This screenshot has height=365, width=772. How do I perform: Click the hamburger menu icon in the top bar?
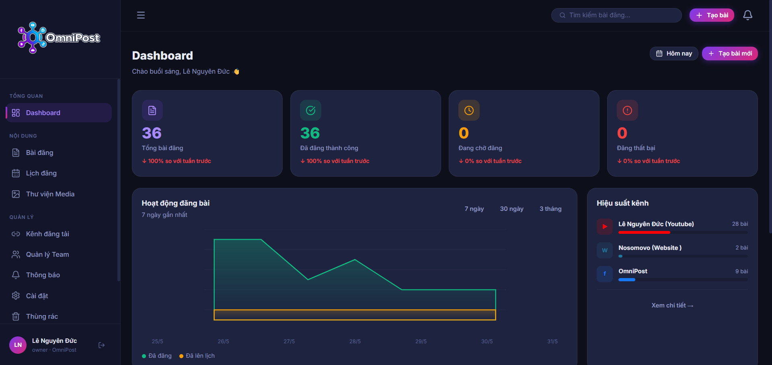pos(141,15)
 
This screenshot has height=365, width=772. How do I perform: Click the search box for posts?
pos(616,15)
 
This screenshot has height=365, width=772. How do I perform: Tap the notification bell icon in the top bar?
pos(747,15)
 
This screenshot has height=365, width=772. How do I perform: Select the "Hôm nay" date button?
pos(674,54)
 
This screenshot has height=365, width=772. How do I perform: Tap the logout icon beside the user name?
pos(102,345)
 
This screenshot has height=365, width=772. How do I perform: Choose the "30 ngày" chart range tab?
pos(511,209)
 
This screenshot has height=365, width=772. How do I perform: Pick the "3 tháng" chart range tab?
pos(550,209)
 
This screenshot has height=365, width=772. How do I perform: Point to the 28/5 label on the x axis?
pos(355,341)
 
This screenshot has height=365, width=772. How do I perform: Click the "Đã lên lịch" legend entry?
pos(197,356)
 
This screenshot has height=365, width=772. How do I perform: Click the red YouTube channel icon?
pos(605,227)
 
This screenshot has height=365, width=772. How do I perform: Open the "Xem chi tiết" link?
pos(672,305)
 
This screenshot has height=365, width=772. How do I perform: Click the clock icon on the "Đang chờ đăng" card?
pos(469,110)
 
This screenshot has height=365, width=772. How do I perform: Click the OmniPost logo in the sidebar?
pos(59,37)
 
